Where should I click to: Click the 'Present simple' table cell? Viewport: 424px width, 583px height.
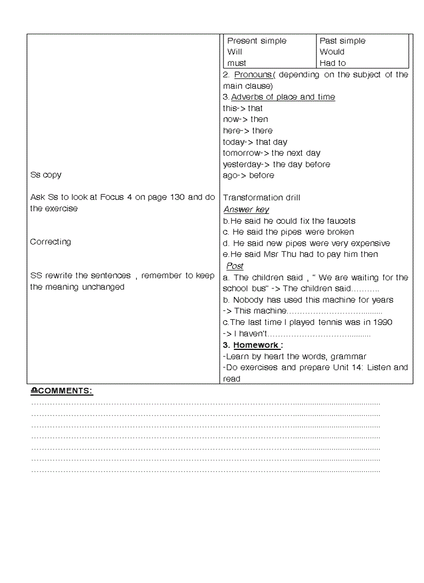(x=257, y=41)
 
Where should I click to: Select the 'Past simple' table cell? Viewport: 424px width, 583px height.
(x=342, y=41)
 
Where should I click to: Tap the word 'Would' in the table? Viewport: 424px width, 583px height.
(x=332, y=52)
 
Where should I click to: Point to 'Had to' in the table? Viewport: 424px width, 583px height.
(x=333, y=63)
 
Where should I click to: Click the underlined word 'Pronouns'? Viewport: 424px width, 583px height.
(x=253, y=75)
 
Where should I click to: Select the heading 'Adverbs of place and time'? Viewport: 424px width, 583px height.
(x=283, y=97)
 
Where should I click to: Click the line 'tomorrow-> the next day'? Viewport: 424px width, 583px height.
(x=272, y=153)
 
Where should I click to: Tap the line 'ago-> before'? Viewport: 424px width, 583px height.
(x=248, y=175)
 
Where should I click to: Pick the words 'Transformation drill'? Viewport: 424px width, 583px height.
(x=261, y=198)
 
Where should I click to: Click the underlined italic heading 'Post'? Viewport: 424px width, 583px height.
(x=235, y=266)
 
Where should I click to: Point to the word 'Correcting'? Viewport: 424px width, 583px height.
(x=50, y=242)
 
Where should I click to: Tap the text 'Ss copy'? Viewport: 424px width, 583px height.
(x=46, y=175)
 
